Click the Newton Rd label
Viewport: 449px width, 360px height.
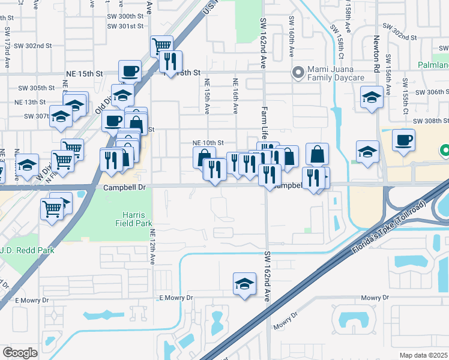pos(376,53)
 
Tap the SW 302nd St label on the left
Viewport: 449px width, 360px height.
pos(34,46)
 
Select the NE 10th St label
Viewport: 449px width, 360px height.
pos(208,143)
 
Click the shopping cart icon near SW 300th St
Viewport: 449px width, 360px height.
pos(162,45)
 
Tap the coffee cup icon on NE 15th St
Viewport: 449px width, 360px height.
pos(130,71)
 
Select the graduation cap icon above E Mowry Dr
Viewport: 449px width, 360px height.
pos(244,283)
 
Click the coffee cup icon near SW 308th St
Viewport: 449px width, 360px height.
pos(403,140)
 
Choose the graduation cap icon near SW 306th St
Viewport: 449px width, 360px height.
pos(372,97)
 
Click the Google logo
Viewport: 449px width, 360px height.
pos(20,353)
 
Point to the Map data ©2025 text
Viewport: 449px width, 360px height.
pos(423,355)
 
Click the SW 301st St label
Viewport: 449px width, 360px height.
pos(125,26)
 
